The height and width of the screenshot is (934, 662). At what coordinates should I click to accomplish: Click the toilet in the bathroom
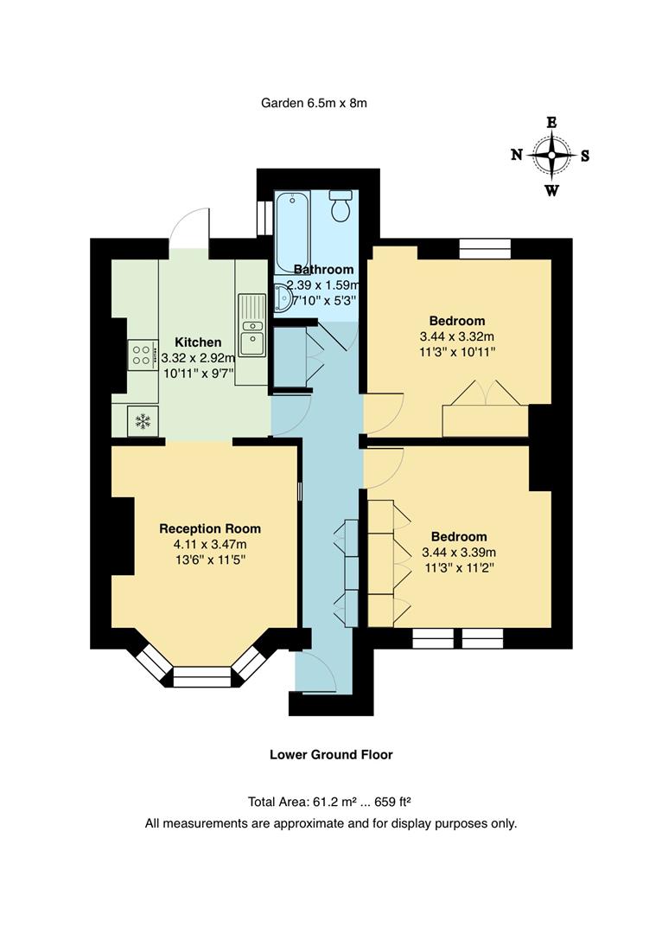click(341, 206)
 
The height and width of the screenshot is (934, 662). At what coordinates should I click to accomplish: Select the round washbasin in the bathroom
click(282, 297)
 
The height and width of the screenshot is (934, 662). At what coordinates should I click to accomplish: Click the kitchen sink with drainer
click(252, 324)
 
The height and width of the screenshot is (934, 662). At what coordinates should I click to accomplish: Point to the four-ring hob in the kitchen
click(142, 355)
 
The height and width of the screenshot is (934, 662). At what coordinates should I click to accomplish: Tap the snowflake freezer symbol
click(142, 421)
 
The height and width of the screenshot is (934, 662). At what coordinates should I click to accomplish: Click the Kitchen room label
click(198, 342)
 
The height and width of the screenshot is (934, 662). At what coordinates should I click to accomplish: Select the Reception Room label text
click(210, 528)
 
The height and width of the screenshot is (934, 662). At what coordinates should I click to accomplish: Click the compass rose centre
click(551, 157)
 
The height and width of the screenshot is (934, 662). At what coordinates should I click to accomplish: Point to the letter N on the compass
click(517, 156)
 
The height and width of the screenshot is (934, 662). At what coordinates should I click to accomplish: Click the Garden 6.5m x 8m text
click(315, 103)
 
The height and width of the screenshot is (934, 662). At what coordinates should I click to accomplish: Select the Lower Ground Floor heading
click(331, 754)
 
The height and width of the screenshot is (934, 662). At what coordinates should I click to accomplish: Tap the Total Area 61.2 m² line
click(331, 802)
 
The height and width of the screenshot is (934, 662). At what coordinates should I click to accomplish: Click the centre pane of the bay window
click(203, 676)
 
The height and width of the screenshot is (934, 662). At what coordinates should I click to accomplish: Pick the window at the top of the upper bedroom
click(484, 249)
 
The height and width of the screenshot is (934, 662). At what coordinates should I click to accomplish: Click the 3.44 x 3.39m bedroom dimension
click(459, 553)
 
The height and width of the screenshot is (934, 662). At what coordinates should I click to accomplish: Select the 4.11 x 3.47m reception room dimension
click(210, 544)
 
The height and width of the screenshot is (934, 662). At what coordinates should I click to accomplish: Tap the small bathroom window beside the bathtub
click(264, 218)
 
